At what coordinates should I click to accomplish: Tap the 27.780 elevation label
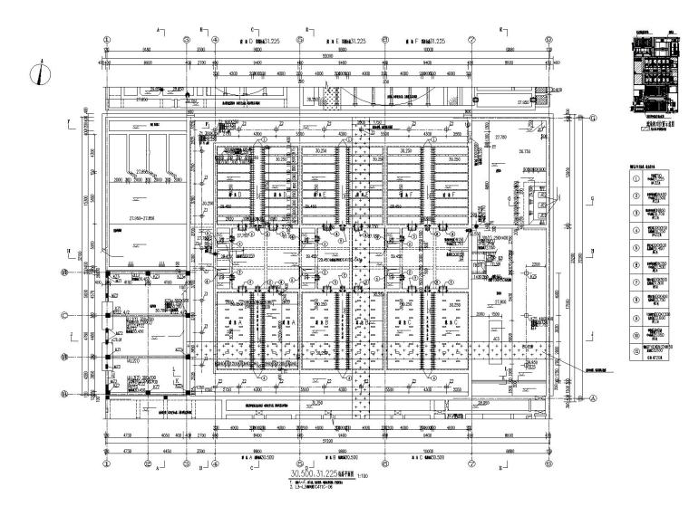(501, 136)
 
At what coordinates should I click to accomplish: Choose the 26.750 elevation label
(523, 151)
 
